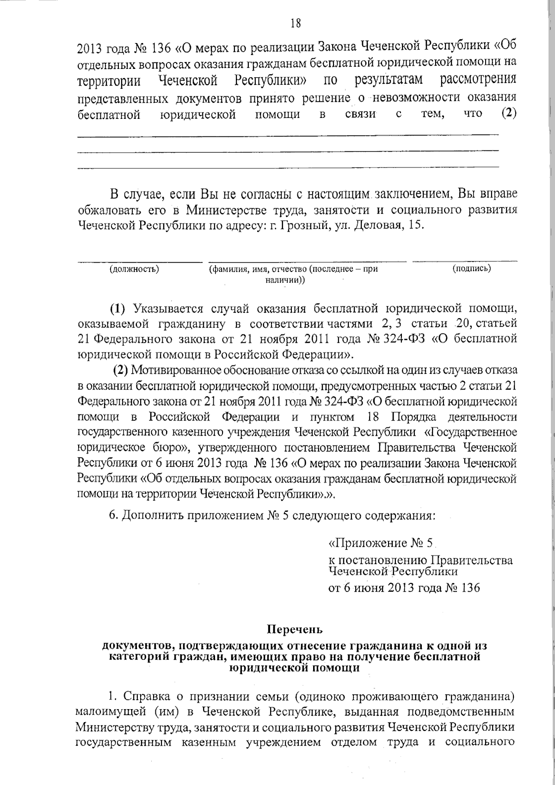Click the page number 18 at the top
pyautogui.click(x=296, y=24)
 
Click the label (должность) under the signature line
pyautogui.click(x=134, y=269)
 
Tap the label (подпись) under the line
pyautogui.click(x=472, y=268)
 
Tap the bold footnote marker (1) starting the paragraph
pyautogui.click(x=117, y=308)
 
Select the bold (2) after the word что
pyautogui.click(x=508, y=114)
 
